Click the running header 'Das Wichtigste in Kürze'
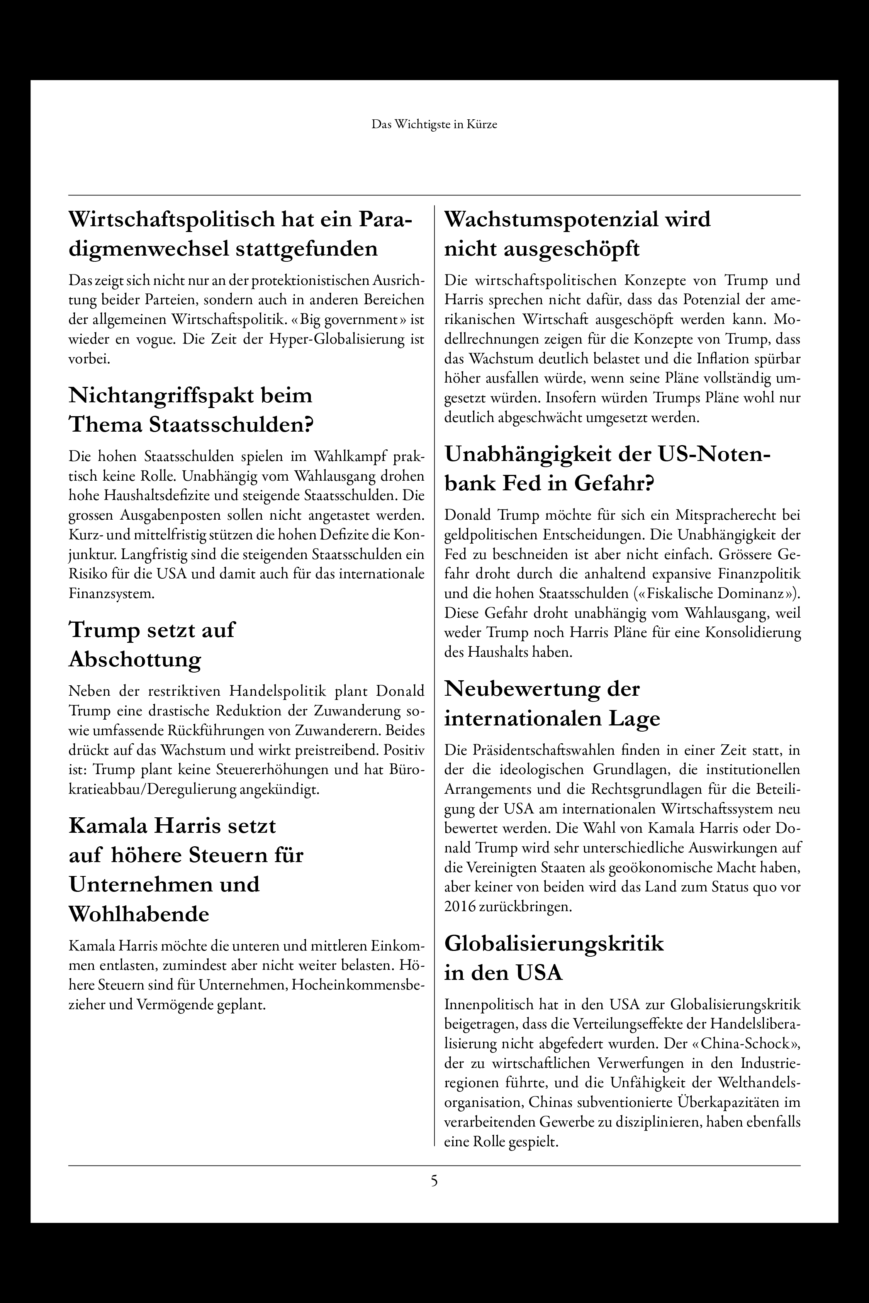(434, 125)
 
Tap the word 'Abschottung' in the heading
(135, 660)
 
